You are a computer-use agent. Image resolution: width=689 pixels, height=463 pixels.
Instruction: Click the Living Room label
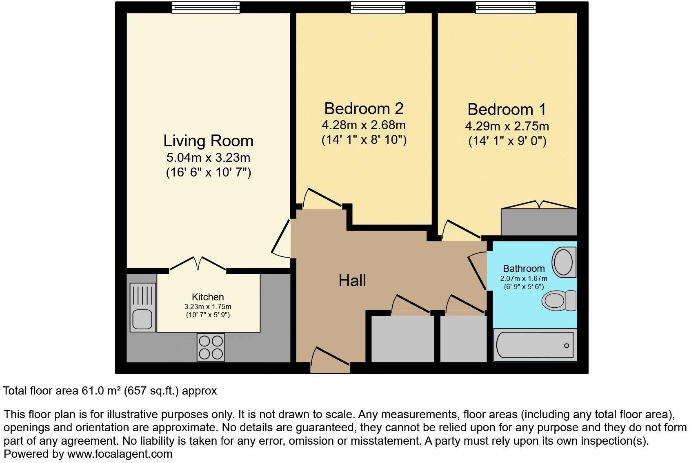pyautogui.click(x=208, y=141)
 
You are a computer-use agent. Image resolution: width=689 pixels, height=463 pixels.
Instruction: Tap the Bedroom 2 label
pyautogui.click(x=364, y=109)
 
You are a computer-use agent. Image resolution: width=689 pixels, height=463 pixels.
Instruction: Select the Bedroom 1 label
pyautogui.click(x=507, y=110)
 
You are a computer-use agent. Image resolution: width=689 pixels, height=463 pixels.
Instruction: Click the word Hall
pyautogui.click(x=352, y=281)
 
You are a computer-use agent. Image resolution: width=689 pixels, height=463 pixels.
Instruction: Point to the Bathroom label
pyautogui.click(x=524, y=269)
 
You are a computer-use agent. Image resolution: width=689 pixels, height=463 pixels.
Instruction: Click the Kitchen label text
pyautogui.click(x=208, y=297)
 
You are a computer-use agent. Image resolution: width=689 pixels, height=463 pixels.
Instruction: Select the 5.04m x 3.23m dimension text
pyautogui.click(x=208, y=157)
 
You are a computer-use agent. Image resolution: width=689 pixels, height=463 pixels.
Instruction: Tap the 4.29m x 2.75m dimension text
pyautogui.click(x=507, y=126)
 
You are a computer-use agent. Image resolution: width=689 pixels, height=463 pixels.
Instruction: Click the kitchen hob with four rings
pyautogui.click(x=211, y=347)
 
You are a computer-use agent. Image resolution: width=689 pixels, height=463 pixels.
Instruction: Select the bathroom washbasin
pyautogui.click(x=564, y=263)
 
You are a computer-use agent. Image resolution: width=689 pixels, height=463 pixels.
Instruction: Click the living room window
pyautogui.click(x=205, y=7)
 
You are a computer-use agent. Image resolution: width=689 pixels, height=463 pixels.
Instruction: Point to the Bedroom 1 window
pyautogui.click(x=505, y=7)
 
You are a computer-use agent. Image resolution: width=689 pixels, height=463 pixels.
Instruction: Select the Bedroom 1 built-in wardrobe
pyautogui.click(x=539, y=222)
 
